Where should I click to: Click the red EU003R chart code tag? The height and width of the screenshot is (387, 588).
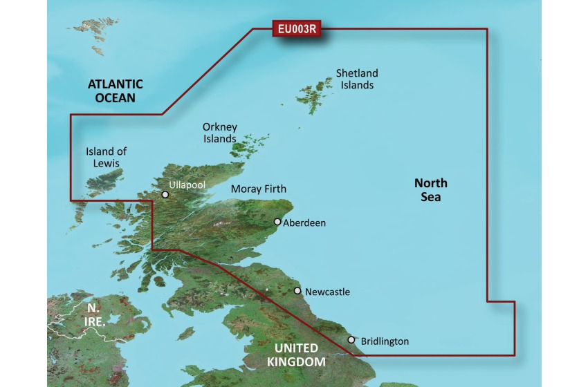coord(298,29)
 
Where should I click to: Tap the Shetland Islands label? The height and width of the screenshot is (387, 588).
coord(357,79)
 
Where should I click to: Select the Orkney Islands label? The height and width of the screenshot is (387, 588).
coord(220,133)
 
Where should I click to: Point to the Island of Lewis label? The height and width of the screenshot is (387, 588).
coord(106,157)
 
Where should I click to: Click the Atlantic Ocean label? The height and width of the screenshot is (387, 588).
coord(116,91)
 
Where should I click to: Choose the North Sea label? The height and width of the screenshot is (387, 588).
coord(431,190)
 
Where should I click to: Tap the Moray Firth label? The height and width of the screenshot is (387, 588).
coord(258,189)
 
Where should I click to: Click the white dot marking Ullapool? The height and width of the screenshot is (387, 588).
coord(165,195)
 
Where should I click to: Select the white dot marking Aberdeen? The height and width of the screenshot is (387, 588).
coord(277,223)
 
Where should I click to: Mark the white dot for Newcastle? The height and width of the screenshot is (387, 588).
coord(298,292)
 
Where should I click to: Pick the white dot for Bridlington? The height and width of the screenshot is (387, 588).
coord(351,340)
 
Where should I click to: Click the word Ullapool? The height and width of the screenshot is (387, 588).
coord(187,185)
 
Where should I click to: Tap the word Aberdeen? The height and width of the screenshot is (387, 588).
coord(304,223)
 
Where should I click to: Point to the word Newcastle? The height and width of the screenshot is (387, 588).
coord(327,292)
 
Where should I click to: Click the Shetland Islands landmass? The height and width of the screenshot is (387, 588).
coord(315,93)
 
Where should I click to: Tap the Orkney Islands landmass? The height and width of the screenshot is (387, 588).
coord(246,145)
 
